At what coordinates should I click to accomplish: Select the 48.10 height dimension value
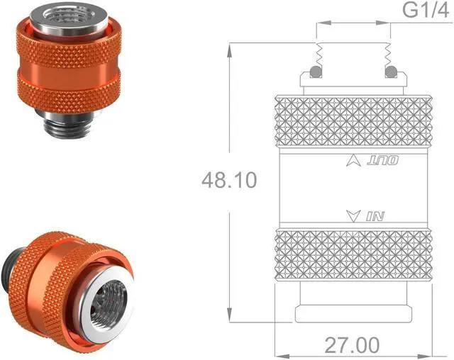[x=229, y=180]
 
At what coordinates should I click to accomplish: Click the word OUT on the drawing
[x=384, y=162]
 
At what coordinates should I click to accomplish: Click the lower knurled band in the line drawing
[x=353, y=254]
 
